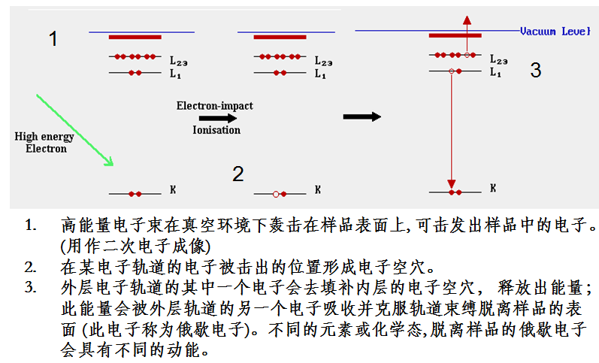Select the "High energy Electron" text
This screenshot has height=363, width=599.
coord(46,142)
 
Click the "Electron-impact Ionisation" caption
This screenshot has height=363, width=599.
coord(215,117)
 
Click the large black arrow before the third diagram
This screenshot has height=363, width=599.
coord(362,116)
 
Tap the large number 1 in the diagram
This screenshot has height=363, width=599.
coord(53,38)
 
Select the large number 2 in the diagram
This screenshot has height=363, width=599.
coord(237,174)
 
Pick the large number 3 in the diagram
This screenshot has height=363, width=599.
coord(535,71)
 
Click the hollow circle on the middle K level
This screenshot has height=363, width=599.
coord(276,195)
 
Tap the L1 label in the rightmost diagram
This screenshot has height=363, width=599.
coord(496,72)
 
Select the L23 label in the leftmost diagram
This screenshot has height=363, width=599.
coord(177,59)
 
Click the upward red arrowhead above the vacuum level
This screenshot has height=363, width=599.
coord(467,20)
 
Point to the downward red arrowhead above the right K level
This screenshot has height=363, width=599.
coord(452,183)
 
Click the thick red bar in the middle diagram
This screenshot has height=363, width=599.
coord(280,36)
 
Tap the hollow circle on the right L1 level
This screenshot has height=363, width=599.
coord(451,71)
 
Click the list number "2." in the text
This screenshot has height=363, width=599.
coord(30,266)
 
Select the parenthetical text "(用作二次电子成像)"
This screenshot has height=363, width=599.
coord(136,245)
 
